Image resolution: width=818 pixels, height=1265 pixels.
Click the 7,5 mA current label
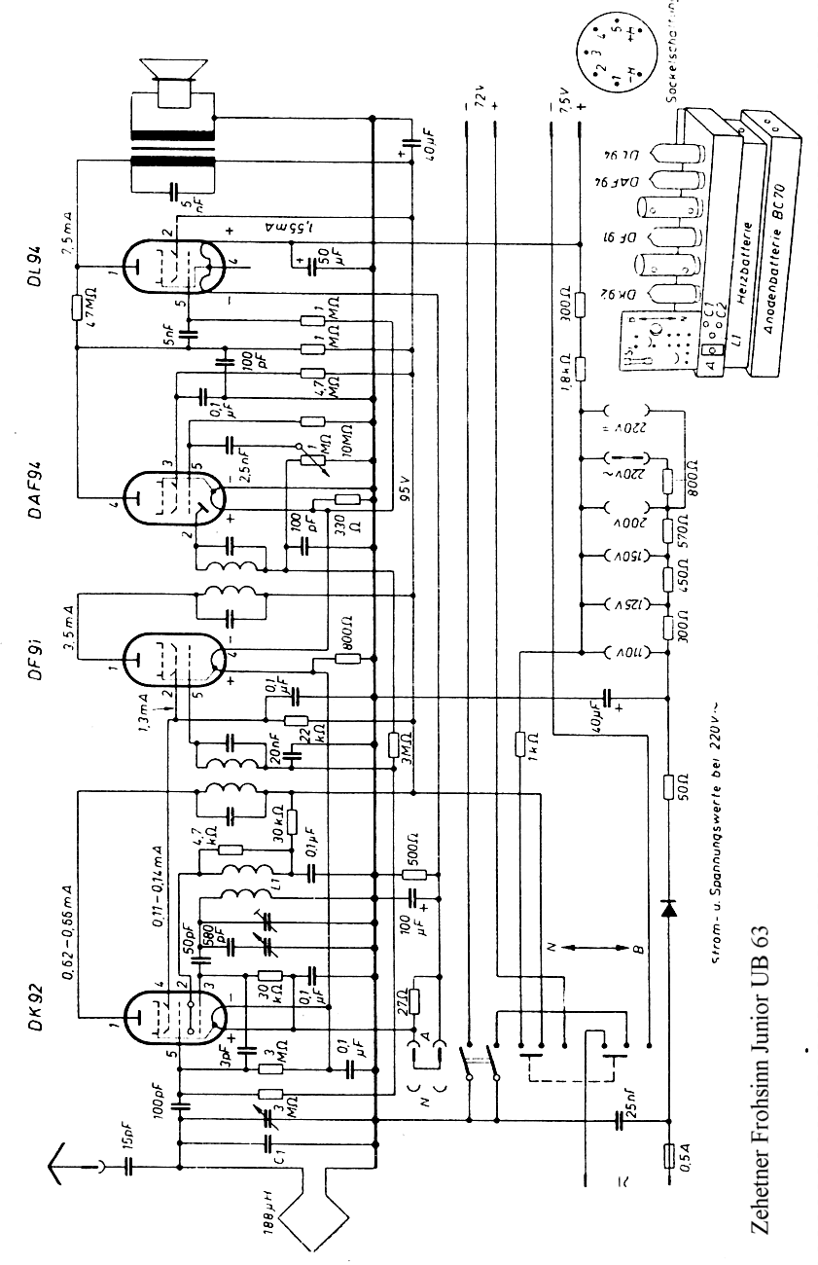(67, 233)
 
